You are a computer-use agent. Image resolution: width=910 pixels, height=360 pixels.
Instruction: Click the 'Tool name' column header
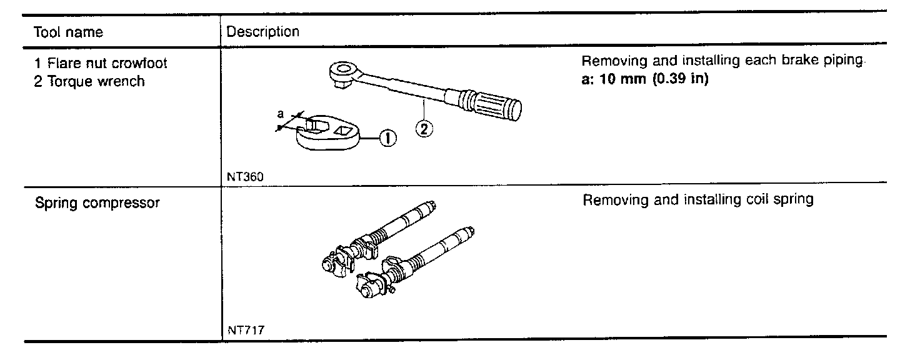click(x=68, y=31)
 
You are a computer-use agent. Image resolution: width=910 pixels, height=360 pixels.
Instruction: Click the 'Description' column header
click(x=262, y=31)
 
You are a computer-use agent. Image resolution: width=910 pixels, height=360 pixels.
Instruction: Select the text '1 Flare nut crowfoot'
click(x=101, y=63)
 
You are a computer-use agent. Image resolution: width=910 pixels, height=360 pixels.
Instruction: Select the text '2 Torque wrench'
click(x=89, y=81)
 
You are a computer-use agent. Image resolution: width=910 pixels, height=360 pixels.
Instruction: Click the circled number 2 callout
click(x=424, y=128)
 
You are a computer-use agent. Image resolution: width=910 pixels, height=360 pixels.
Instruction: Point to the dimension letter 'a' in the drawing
click(x=281, y=114)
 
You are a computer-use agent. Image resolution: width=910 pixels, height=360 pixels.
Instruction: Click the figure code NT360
click(x=245, y=176)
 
